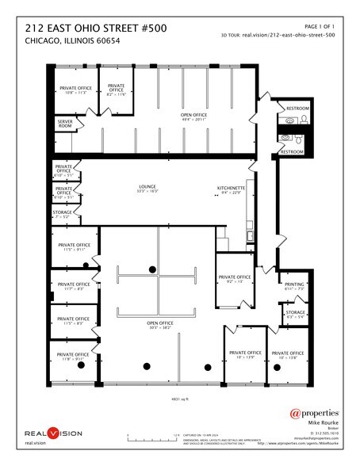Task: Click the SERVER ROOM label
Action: click(x=64, y=124)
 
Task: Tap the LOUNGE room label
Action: click(x=147, y=189)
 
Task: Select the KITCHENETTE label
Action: click(x=230, y=189)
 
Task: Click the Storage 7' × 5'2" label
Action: click(x=63, y=214)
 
